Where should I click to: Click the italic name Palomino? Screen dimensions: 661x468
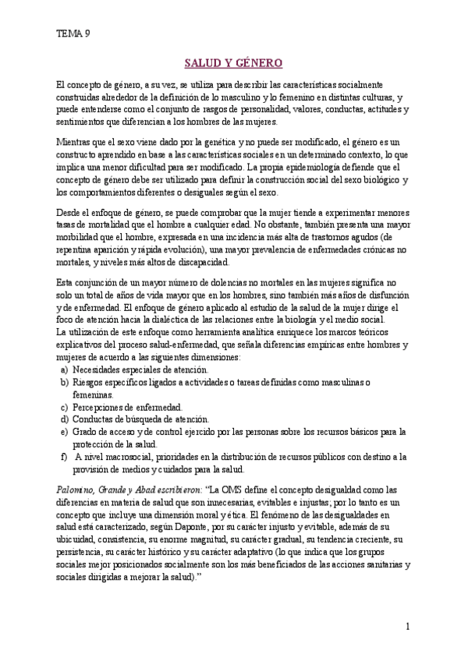point(76,490)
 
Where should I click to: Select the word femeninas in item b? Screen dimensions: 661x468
point(92,394)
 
